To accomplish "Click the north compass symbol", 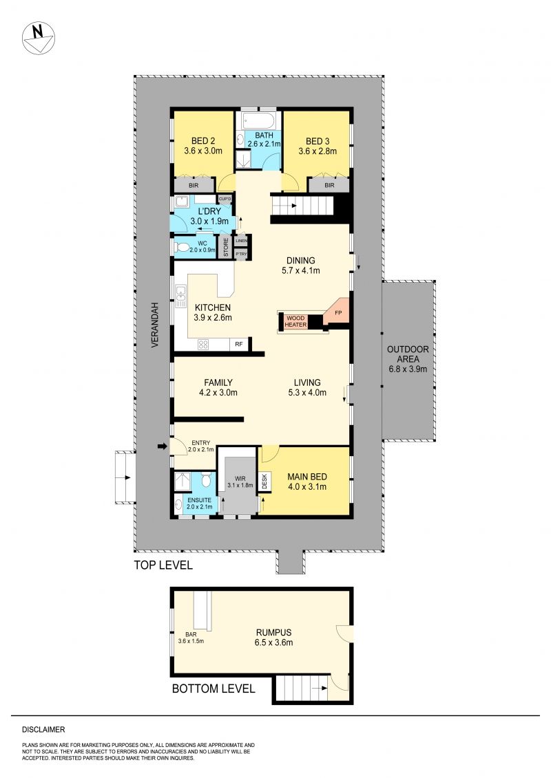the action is pos(39,38).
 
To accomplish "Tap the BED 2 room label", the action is pos(202,141).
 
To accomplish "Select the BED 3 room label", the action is pos(318,142).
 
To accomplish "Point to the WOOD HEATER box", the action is pos(295,321).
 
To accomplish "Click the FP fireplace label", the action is pos(338,312).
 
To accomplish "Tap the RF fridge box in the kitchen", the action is pos(239,344).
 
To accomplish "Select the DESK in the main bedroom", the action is pos(264,482).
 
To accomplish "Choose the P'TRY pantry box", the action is pos(241,254).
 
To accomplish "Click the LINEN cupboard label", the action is pos(241,241).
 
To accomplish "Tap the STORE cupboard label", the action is pos(226,248).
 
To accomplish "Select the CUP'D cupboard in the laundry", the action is pos(225,199).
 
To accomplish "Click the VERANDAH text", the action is pos(154,325).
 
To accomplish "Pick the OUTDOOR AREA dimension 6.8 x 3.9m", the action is pos(408,369).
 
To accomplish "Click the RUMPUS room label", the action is pos(273,633).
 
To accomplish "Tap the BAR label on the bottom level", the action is pos(191,635).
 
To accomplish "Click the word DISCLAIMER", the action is pos(43,729).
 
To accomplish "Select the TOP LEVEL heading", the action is pos(163,565).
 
